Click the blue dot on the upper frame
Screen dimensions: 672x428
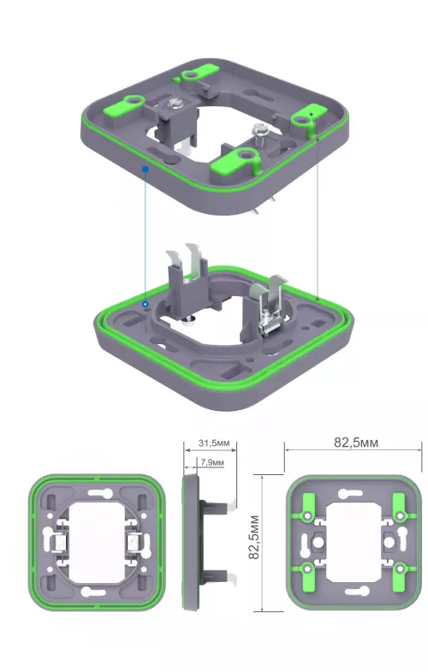pyautogui.click(x=146, y=169)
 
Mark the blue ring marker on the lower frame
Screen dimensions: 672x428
pyautogui.click(x=146, y=303)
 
